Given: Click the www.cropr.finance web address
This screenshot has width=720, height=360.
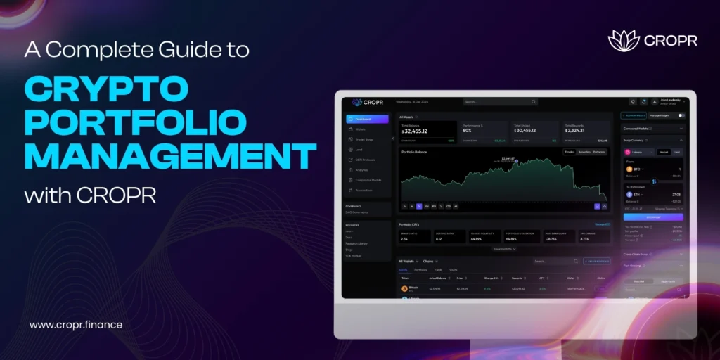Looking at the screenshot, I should click(x=76, y=325).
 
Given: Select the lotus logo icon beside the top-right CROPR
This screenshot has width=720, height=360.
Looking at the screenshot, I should click(x=623, y=41).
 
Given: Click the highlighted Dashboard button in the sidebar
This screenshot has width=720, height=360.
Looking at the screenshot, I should click(x=367, y=119).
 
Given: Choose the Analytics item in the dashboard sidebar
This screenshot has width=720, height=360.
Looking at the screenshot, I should click(x=363, y=169).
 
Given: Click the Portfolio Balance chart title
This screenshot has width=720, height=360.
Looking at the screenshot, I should click(x=416, y=152).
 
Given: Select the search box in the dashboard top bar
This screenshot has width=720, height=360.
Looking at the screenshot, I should click(x=500, y=102).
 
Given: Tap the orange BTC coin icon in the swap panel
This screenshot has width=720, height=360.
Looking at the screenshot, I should click(x=629, y=169).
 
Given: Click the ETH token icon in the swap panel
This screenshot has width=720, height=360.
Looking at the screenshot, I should click(x=629, y=195).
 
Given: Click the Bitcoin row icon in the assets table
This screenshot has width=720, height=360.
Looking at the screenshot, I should click(x=404, y=288).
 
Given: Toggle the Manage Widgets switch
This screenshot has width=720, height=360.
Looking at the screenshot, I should click(x=681, y=115).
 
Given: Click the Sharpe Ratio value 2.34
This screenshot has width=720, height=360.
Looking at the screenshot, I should click(x=405, y=239).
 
